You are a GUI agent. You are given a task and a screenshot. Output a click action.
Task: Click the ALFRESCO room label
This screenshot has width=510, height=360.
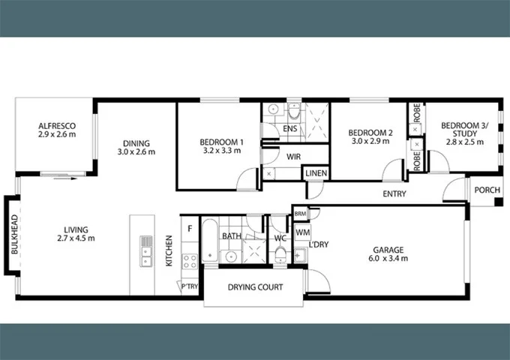57,126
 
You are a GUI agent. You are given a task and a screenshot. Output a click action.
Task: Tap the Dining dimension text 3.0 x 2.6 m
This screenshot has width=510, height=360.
136,151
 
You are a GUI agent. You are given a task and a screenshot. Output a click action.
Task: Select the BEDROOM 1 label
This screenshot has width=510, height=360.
221,142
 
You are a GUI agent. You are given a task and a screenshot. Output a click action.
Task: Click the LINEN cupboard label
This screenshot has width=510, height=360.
316,173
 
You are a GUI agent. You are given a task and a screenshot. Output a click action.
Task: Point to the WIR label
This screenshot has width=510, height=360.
293,157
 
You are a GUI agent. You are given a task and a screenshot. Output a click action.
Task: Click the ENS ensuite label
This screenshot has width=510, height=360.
289,129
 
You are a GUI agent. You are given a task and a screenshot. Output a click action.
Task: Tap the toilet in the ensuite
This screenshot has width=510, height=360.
294,110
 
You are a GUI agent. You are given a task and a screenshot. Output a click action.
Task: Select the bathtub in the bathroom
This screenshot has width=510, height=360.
210,240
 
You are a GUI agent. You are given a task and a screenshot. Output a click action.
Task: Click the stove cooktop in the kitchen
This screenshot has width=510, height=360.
190,261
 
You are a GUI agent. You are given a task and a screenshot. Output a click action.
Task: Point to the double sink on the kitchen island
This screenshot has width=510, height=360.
146,251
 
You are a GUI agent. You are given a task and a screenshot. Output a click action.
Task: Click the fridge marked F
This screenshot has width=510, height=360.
190,229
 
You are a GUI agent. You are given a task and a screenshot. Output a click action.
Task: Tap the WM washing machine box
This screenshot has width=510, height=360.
303,232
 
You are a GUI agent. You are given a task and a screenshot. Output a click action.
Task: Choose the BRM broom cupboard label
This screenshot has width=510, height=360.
300,214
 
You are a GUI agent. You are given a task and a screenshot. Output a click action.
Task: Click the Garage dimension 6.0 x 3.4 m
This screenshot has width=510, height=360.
388,259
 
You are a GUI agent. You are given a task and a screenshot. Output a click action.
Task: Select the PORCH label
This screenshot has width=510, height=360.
487,190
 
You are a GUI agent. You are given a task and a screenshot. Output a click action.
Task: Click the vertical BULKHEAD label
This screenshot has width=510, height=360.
14,234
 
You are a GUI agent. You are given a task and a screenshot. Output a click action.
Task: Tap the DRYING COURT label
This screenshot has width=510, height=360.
255,287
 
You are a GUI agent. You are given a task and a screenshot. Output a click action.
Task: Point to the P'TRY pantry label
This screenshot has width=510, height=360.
190,286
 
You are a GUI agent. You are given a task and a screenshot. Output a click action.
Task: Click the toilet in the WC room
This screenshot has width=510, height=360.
280,254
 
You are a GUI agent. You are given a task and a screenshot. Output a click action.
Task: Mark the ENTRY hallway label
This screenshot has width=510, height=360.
394,193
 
